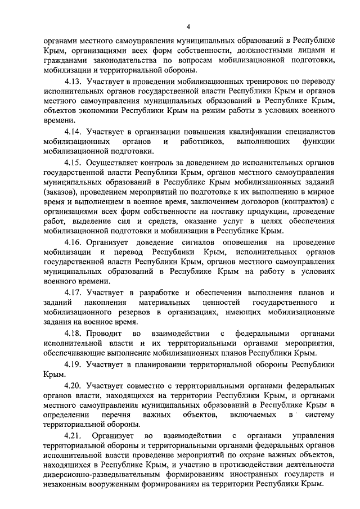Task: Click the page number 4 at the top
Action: click(x=189, y=26)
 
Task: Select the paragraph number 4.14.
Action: click(x=78, y=131)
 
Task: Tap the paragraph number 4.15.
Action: click(x=78, y=163)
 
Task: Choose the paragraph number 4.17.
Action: click(x=78, y=292)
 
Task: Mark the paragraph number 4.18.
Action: click(x=78, y=333)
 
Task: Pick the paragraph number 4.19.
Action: click(x=78, y=365)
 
